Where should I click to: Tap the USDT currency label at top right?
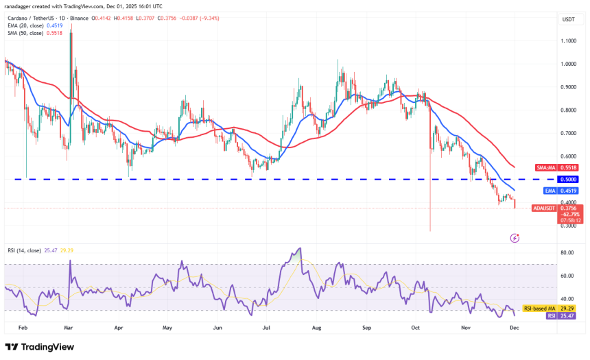[569, 20]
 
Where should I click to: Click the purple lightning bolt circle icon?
[515, 238]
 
